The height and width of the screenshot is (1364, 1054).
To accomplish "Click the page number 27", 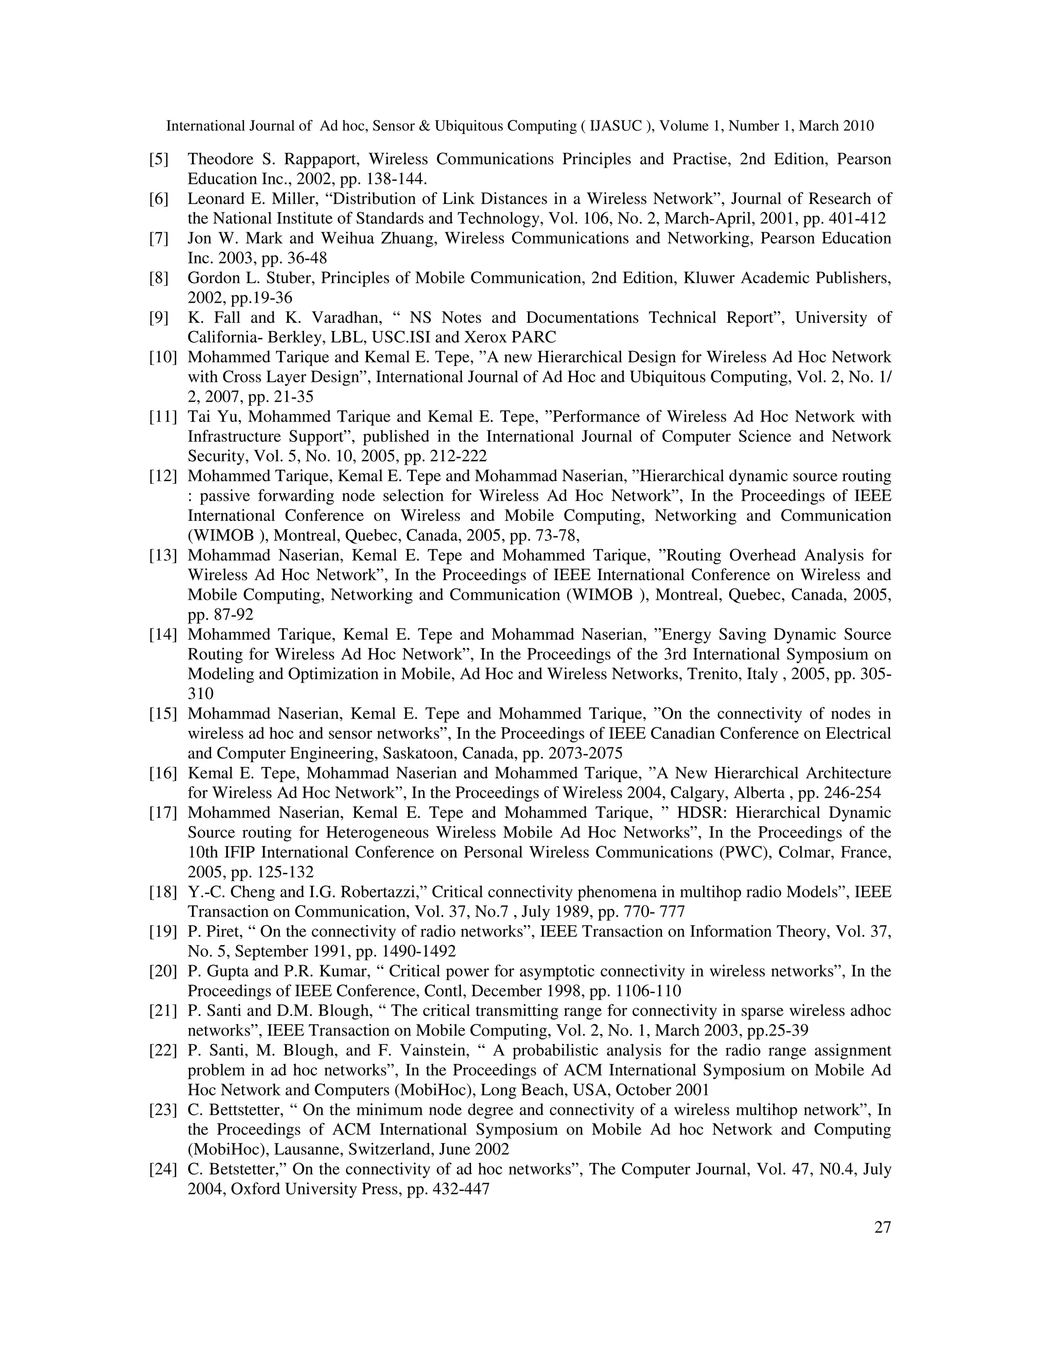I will [882, 1228].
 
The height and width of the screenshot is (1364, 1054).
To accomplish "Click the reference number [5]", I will [159, 159].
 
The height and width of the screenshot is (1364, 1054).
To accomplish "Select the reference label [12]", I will [162, 477].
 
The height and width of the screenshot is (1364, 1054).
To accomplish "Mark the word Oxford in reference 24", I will [255, 1189].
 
